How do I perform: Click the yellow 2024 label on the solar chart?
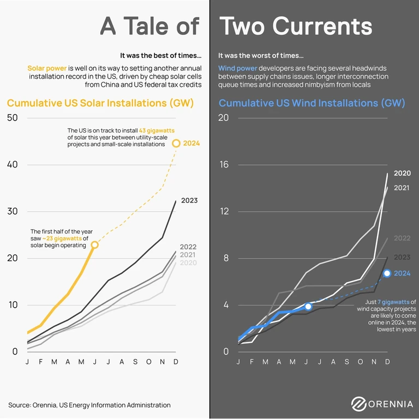coord(191,143)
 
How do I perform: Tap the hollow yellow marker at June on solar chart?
coord(95,245)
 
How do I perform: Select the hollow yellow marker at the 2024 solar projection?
coord(176,143)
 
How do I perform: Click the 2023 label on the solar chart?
coord(189,201)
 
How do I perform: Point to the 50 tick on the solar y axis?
coord(12,118)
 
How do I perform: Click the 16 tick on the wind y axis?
coord(224,165)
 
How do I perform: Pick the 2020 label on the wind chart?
coord(402,173)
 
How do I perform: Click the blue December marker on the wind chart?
coord(387,273)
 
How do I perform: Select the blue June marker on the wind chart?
coord(308,307)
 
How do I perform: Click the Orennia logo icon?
coord(358,404)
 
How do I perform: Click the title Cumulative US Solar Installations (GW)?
coord(100,103)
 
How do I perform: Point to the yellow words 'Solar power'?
coord(47,69)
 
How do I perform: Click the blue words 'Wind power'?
coord(237,69)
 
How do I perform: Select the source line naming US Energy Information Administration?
coord(89,405)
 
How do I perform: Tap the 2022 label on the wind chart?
coord(402,238)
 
